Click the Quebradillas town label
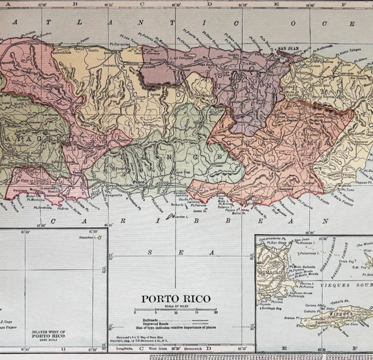pos(61,51)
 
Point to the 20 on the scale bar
pos(215,313)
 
